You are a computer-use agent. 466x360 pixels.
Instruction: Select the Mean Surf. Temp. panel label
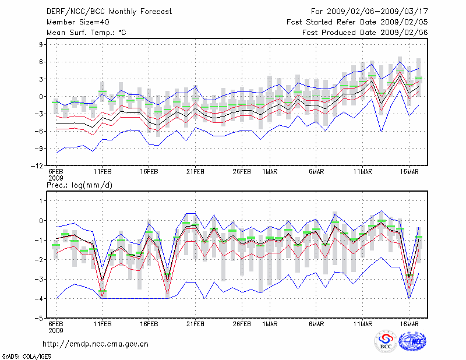(x=86, y=32)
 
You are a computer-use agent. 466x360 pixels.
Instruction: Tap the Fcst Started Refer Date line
(x=357, y=22)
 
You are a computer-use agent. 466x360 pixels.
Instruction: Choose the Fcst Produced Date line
(x=365, y=32)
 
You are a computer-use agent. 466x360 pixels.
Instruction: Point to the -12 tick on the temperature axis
(x=38, y=166)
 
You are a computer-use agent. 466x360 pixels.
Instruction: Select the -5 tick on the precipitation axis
(x=40, y=319)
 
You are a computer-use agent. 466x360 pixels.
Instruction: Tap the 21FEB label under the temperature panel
(x=195, y=172)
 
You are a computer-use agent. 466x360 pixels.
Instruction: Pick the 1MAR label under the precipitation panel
(x=270, y=324)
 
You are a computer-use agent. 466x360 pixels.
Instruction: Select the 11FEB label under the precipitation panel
(x=103, y=324)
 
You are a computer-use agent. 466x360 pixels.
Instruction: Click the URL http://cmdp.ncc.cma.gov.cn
(x=96, y=344)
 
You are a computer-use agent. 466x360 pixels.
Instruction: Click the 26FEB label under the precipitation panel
(x=242, y=324)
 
